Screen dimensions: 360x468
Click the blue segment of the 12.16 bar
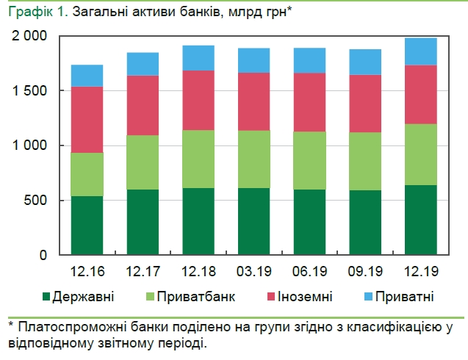click(x=87, y=76)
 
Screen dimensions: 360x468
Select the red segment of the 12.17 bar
click(x=143, y=105)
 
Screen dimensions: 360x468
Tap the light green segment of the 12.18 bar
click(x=198, y=159)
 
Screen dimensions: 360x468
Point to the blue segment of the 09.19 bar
click(x=365, y=62)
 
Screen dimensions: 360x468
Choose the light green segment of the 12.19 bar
click(x=421, y=154)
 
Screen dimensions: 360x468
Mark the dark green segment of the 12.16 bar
click(x=87, y=225)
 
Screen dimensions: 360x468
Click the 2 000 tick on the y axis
click(x=30, y=36)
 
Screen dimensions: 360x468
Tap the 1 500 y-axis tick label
click(x=30, y=91)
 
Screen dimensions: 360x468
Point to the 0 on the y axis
click(x=43, y=256)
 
